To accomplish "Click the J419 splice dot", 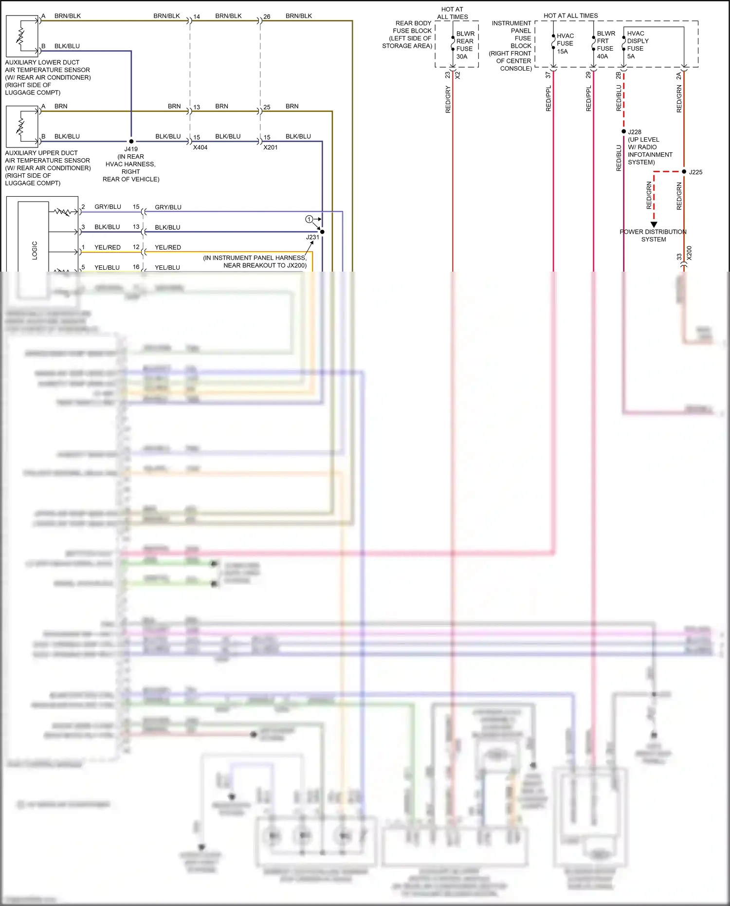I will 131,141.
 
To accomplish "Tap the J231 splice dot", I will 322,232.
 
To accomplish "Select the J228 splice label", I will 635,132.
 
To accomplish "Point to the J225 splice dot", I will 684,172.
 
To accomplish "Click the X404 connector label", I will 200,147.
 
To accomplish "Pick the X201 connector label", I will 270,147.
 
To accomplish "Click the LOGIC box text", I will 35,250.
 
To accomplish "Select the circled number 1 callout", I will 309,219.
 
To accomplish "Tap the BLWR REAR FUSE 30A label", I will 465,45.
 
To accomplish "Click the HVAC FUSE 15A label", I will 565,43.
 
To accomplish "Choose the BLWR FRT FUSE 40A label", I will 605,45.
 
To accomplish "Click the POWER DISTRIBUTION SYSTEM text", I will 653,236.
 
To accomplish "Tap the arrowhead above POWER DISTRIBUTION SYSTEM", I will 654,224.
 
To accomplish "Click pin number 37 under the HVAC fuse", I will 548,75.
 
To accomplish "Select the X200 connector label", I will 689,253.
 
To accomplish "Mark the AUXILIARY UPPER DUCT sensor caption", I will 47,167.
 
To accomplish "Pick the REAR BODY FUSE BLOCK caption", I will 409,35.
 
